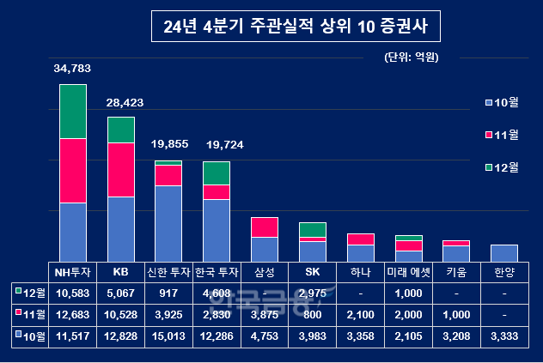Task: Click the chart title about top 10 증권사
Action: (x=294, y=26)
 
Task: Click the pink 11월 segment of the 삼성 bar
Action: (x=265, y=227)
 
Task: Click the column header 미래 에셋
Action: (x=408, y=272)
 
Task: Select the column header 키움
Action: (x=456, y=272)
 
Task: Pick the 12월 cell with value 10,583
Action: (x=72, y=294)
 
